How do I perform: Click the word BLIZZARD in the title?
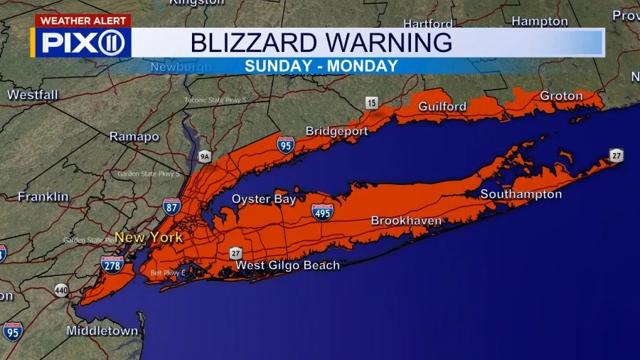pyautogui.click(x=245, y=43)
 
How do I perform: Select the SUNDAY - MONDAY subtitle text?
pyautogui.click(x=321, y=66)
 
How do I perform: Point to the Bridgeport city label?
pyautogui.click(x=336, y=131)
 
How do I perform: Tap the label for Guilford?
pyautogui.click(x=442, y=107)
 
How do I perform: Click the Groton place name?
pyautogui.click(x=561, y=95)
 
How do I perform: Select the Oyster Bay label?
pyautogui.click(x=264, y=199)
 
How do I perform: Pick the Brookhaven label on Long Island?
pyautogui.click(x=406, y=221)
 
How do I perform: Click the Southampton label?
pyautogui.click(x=521, y=194)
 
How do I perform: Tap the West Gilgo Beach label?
pyautogui.click(x=287, y=265)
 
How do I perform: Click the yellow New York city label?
pyautogui.click(x=149, y=237)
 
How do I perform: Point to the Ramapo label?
pyautogui.click(x=134, y=136)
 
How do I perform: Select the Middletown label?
pyautogui.click(x=102, y=331)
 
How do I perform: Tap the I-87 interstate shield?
pyautogui.click(x=171, y=206)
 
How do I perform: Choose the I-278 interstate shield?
pyautogui.click(x=112, y=265)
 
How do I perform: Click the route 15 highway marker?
pyautogui.click(x=371, y=103)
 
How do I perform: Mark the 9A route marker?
pyautogui.click(x=206, y=155)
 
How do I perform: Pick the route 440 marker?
pyautogui.click(x=62, y=290)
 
